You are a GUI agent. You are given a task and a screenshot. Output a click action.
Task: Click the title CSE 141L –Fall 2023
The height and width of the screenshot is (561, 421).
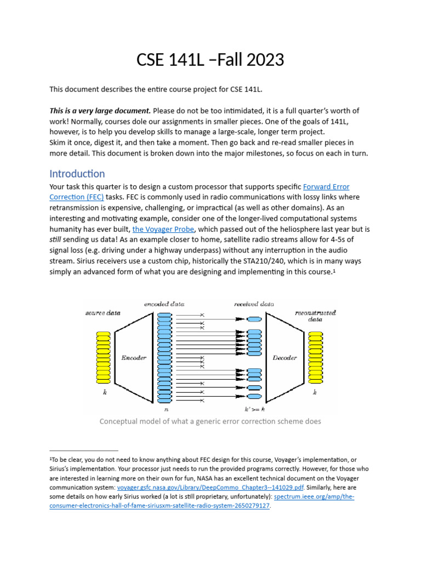tap(210, 59)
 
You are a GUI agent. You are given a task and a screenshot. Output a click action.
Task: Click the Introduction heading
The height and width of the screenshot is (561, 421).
tap(77, 174)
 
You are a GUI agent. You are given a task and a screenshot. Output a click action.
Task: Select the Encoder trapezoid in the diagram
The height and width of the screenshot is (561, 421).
tap(133, 358)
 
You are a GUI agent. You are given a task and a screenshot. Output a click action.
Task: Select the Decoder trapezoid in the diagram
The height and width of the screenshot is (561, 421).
tap(285, 358)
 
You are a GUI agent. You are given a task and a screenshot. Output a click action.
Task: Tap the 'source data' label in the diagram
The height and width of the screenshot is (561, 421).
tap(103, 313)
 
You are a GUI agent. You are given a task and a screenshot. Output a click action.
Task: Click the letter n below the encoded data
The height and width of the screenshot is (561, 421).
tap(166, 409)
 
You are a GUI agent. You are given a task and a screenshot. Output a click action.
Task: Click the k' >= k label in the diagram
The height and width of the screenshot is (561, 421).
tap(254, 409)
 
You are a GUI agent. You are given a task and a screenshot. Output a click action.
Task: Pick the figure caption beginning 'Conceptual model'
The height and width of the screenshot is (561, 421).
tap(210, 421)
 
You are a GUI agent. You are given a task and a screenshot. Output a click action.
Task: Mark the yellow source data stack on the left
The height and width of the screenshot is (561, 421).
tap(103, 358)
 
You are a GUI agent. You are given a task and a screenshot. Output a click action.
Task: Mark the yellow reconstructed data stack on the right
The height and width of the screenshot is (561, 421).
tap(315, 358)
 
